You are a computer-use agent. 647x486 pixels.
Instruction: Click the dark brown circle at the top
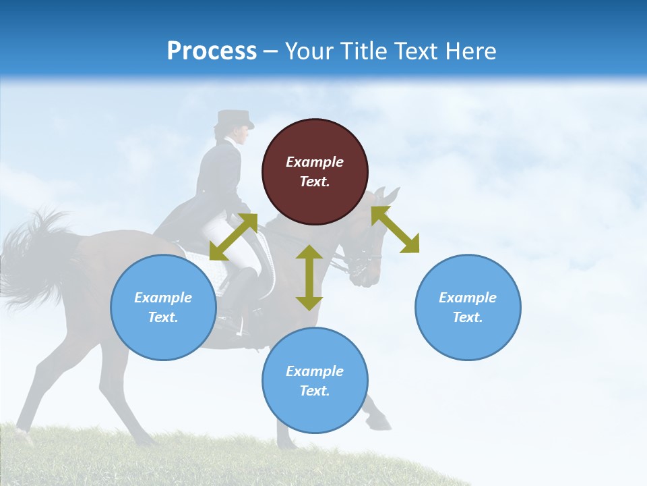(315, 172)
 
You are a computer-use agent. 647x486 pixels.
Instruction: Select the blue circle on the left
(163, 307)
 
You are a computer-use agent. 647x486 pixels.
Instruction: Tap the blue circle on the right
(468, 307)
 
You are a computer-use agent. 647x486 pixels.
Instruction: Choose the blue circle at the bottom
(315, 381)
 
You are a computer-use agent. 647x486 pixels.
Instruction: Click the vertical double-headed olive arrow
(309, 277)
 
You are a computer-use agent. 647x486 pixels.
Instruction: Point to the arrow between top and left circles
(233, 237)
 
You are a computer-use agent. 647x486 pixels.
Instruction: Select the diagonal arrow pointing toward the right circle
(396, 230)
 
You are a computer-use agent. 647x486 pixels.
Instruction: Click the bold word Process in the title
(212, 51)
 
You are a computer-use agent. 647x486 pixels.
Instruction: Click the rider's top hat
(234, 119)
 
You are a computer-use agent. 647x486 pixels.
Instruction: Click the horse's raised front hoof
(381, 423)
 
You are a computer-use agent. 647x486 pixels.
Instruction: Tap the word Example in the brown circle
(315, 162)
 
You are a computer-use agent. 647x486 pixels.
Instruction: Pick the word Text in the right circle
(468, 317)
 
